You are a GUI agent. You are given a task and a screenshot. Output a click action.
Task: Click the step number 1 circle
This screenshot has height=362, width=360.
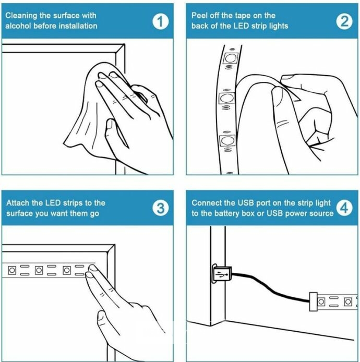click(161, 21)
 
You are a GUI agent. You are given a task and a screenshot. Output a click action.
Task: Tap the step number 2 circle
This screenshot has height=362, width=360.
click(344, 21)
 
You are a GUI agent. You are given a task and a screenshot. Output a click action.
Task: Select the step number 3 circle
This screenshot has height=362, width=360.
click(161, 208)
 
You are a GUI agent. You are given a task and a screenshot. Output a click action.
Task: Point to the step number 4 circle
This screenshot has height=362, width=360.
click(344, 208)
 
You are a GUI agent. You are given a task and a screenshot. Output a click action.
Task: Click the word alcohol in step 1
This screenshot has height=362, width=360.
click(18, 26)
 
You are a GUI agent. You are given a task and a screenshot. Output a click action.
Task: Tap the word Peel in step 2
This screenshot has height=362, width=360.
click(199, 16)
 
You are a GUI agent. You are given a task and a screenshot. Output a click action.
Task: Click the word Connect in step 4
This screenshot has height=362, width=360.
click(207, 203)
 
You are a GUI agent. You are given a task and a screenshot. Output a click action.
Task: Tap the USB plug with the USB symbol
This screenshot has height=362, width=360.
click(222, 274)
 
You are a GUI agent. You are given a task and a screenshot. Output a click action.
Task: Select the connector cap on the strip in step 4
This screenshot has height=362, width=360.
click(314, 301)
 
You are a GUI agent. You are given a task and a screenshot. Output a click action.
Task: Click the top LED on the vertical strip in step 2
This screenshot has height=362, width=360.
click(230, 58)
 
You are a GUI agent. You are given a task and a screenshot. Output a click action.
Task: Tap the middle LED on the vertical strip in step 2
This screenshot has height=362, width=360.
click(226, 99)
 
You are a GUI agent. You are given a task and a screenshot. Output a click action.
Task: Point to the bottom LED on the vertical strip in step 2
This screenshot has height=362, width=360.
click(227, 140)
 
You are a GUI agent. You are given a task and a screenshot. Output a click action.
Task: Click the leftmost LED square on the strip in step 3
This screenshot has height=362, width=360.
click(12, 270)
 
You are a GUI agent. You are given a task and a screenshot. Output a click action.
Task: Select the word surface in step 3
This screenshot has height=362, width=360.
click(19, 213)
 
